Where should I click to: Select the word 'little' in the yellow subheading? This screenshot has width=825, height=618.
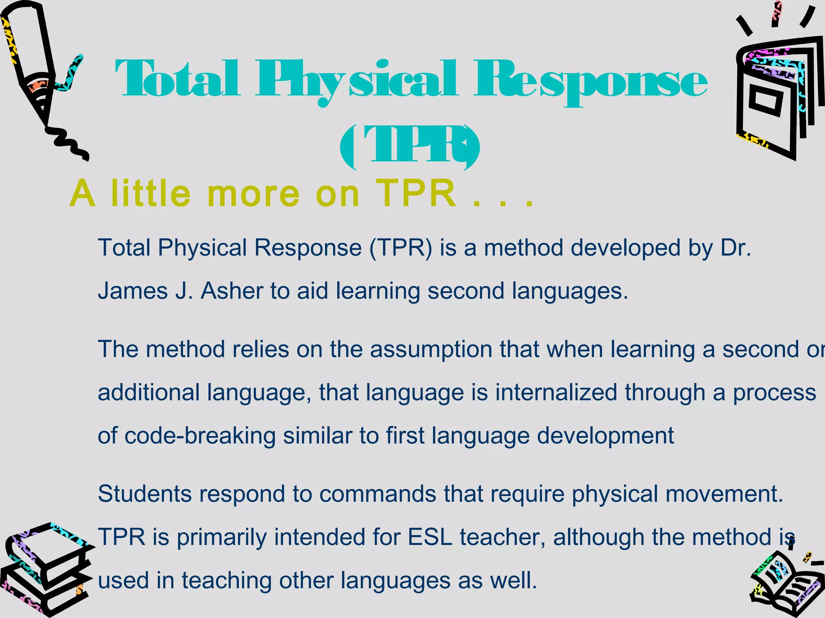pos(151,194)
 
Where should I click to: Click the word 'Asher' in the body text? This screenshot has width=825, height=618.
pos(232,290)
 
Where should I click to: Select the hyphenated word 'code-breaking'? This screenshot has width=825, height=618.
pos(200,436)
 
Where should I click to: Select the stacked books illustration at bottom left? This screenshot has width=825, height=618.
pos(44,571)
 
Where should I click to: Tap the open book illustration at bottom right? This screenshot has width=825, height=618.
pos(786,583)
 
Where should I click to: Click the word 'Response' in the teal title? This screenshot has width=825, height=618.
pos(590,80)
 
